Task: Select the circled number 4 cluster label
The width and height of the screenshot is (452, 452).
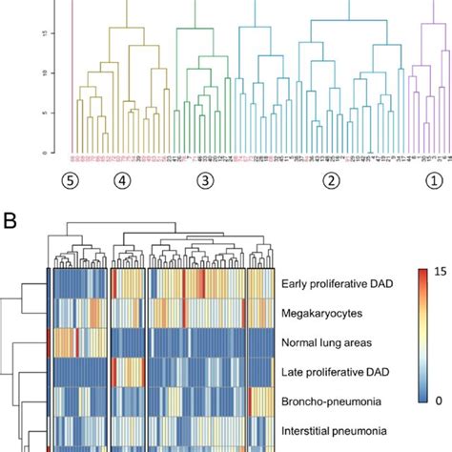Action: (x=120, y=178)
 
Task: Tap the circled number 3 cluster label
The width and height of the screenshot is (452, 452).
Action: (x=204, y=178)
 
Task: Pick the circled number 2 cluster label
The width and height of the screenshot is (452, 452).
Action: (x=331, y=178)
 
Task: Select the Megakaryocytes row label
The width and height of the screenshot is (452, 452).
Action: (x=318, y=311)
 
